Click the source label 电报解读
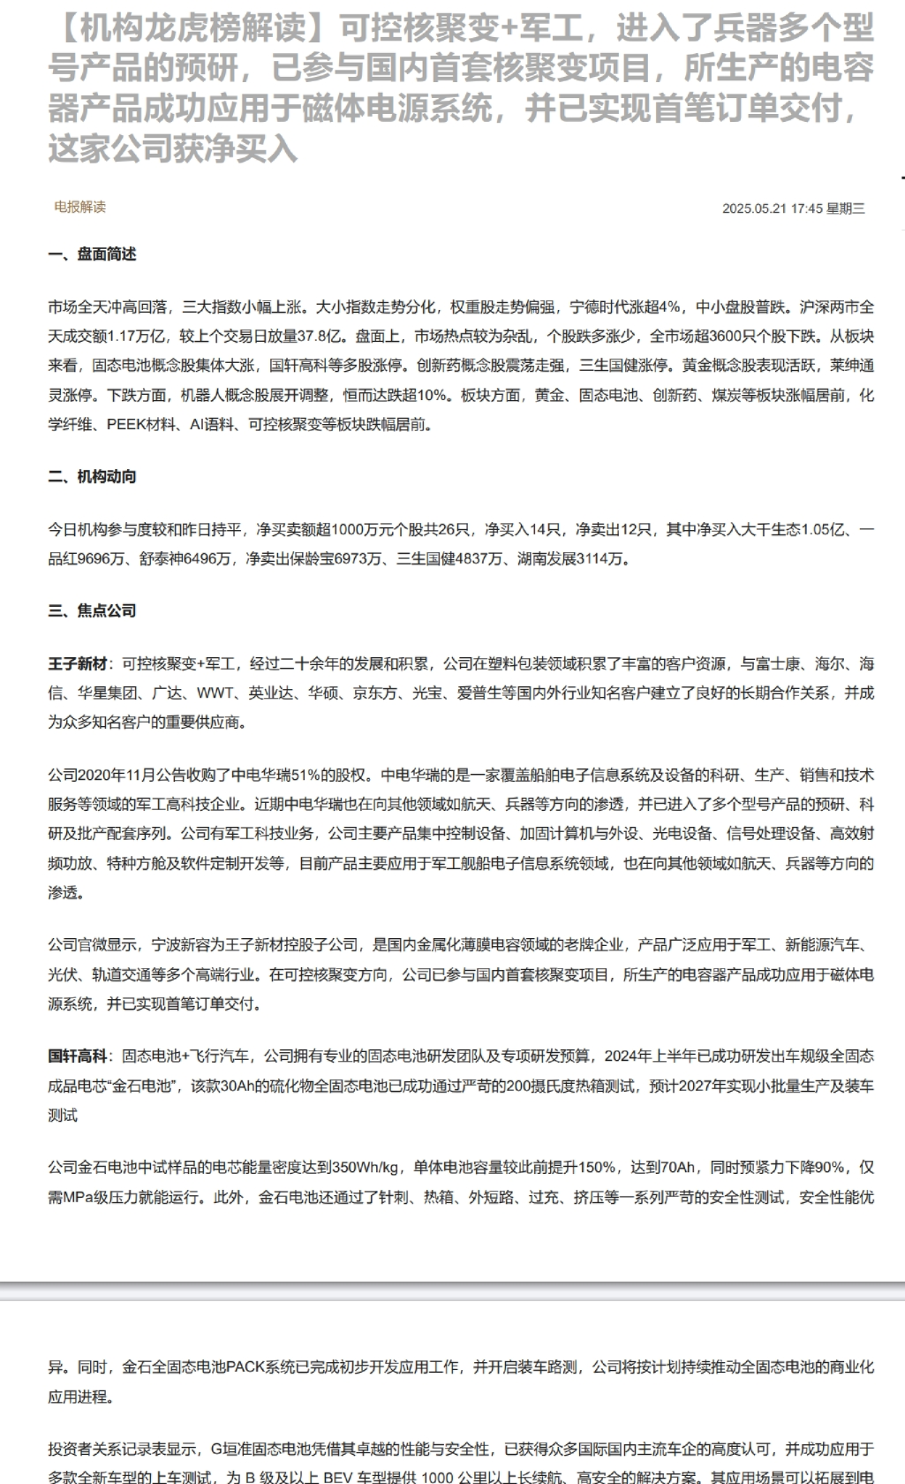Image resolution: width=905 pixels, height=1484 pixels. point(79,207)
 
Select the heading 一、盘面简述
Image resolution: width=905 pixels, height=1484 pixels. point(93,254)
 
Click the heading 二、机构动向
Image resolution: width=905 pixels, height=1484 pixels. point(93,477)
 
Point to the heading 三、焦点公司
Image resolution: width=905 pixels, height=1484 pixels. point(93,610)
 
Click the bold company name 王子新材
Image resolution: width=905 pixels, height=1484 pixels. point(78,664)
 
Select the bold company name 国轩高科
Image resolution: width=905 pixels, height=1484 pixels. point(78,1056)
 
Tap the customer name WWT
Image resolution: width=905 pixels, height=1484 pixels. point(215,693)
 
